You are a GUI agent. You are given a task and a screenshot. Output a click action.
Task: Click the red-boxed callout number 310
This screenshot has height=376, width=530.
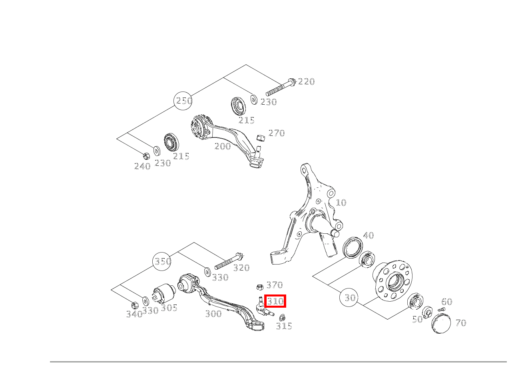tap(275, 301)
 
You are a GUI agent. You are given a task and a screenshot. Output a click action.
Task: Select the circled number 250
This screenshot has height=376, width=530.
tap(184, 101)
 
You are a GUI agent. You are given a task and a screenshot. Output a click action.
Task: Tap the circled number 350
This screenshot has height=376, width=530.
tap(163, 261)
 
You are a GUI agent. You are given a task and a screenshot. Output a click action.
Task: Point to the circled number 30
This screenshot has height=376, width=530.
tap(350, 298)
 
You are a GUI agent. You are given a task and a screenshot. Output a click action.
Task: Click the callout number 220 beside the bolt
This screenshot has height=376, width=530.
tap(306, 82)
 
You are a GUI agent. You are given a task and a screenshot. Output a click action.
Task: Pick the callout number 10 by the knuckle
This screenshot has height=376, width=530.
tap(341, 203)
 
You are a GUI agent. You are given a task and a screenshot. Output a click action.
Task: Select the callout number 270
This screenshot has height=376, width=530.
tap(276, 133)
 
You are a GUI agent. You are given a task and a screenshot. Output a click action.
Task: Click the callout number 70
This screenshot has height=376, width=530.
tap(460, 323)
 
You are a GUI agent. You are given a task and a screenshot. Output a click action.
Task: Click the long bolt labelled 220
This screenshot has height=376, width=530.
tap(280, 88)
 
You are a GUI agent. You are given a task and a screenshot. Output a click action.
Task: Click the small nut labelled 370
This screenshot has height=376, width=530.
tap(259, 286)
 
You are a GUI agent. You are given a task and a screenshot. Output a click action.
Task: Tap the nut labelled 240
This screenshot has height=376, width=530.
tap(146, 155)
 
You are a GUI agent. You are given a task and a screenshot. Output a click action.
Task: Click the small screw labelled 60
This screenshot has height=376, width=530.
tap(441, 310)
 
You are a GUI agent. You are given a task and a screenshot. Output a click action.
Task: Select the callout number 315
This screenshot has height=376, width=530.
tap(284, 326)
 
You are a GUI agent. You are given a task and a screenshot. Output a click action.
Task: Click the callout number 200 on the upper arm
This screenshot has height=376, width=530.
tap(223, 146)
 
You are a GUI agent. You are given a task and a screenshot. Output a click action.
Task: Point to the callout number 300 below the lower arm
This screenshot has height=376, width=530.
tap(213, 314)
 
